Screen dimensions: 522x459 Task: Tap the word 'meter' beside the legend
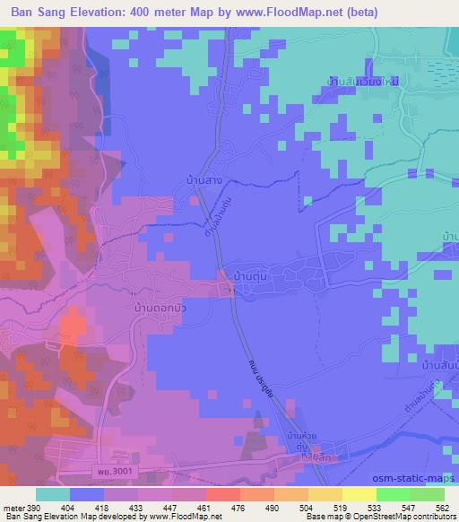click(x=13, y=507)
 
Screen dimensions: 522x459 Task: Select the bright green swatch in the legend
click(x=393, y=494)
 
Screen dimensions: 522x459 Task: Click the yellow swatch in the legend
click(x=359, y=494)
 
